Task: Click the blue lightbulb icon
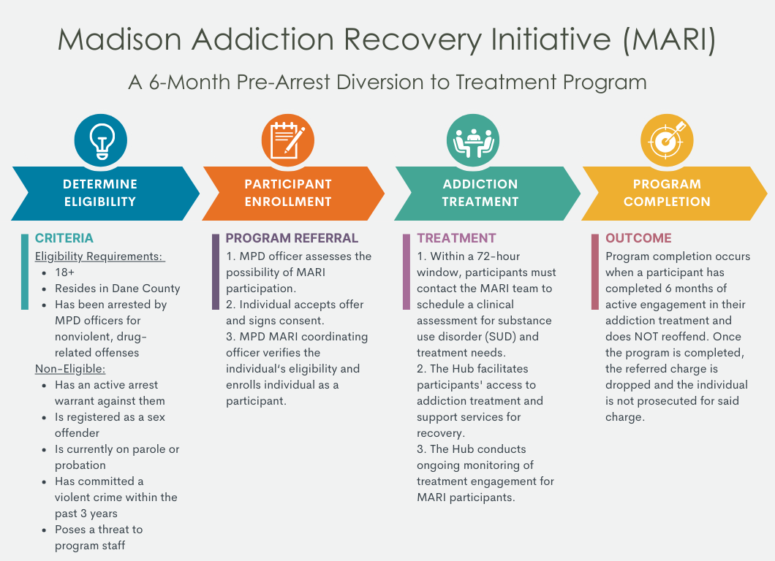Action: (x=101, y=140)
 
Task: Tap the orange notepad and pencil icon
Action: (x=287, y=140)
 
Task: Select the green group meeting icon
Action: (x=473, y=140)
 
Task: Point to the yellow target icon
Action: (x=667, y=140)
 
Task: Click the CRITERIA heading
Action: (x=64, y=238)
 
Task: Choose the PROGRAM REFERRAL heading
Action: (x=292, y=238)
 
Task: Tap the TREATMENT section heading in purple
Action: (x=456, y=238)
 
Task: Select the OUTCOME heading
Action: (x=638, y=238)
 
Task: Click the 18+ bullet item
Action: (x=65, y=272)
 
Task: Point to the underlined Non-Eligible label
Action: (x=70, y=369)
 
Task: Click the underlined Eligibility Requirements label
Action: (x=99, y=256)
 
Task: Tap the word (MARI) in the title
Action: (x=669, y=39)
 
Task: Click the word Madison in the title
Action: (x=120, y=39)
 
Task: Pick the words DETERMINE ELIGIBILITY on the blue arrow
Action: (x=100, y=193)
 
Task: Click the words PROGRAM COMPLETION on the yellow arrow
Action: (x=667, y=193)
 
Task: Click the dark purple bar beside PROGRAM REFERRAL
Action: (x=216, y=272)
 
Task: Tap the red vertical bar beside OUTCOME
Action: (x=595, y=272)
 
